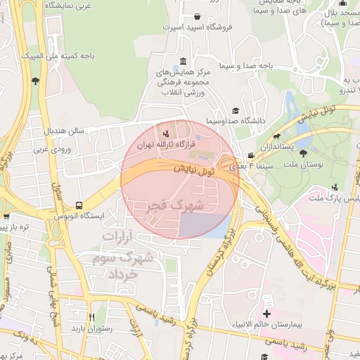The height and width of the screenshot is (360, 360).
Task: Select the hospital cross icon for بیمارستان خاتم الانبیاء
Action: pos(266,313)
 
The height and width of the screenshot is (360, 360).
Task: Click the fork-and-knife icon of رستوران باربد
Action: pos(91,317)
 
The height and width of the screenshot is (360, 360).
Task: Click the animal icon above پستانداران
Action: pos(278,138)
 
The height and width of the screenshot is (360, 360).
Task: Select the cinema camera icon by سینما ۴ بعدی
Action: pos(251,156)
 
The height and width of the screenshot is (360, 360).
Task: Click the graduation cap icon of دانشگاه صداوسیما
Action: pos(235,111)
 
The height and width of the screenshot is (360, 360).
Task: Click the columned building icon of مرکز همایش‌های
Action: pos(183,61)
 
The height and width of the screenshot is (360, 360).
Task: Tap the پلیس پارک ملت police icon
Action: pos(335,187)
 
